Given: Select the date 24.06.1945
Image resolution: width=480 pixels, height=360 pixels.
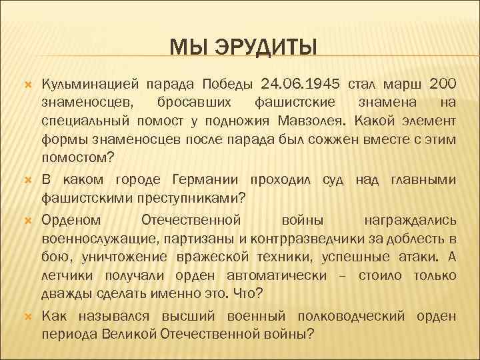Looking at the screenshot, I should tap(301, 84).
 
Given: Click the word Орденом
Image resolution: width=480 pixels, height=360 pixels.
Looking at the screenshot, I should tap(71, 219).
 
